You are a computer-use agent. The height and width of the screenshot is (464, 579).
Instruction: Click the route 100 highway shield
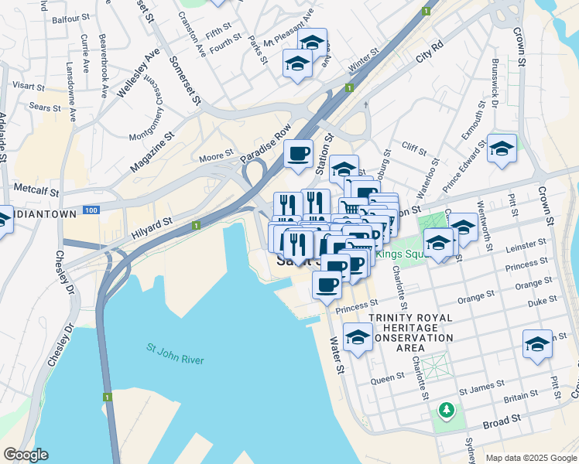pos(91,210)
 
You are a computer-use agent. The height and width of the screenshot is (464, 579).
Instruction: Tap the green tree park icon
pos(446,408)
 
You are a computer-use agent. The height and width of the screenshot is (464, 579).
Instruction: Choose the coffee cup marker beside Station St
pos(299,153)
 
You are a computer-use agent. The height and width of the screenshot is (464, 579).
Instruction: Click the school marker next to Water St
pos(358,338)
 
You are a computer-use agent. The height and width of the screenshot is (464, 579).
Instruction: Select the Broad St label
pos(502,422)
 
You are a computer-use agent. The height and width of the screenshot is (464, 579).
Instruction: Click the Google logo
pos(25,455)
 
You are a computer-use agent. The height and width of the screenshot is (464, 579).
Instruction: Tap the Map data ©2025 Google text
pos(532,458)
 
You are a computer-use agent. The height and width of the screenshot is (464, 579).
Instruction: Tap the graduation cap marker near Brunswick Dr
pos(501,148)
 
